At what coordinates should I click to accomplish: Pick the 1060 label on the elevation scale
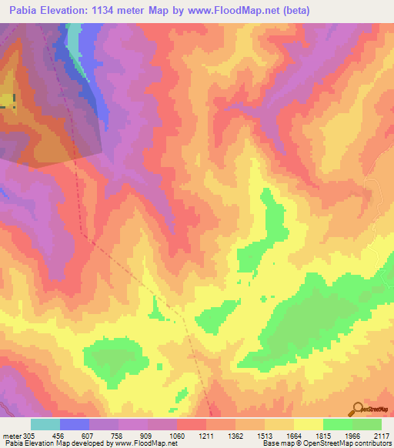tap(178, 435)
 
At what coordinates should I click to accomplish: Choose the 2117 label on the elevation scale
tap(381, 435)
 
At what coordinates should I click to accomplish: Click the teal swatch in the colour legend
tap(45, 424)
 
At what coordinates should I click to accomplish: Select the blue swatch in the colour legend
tap(75, 424)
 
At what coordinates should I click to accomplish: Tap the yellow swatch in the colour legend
tap(309, 424)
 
